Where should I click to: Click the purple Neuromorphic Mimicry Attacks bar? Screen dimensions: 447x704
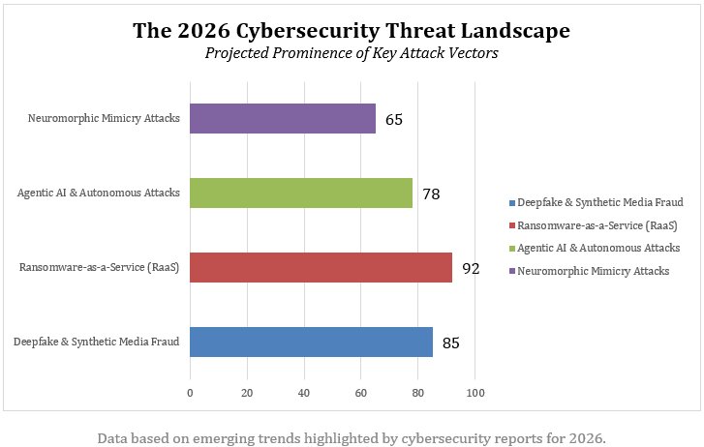pyautogui.click(x=282, y=119)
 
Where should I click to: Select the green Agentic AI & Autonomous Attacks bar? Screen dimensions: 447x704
pyautogui.click(x=300, y=193)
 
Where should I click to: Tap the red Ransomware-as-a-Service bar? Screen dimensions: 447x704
pyautogui.click(x=321, y=267)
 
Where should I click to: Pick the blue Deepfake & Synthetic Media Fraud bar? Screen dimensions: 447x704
pyautogui.click(x=311, y=342)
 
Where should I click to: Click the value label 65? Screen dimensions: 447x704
pyautogui.click(x=393, y=120)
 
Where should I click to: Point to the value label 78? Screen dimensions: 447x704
pyautogui.click(x=431, y=194)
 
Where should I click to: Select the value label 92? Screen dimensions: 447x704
pyautogui.click(x=471, y=268)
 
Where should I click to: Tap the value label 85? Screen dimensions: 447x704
pyautogui.click(x=450, y=343)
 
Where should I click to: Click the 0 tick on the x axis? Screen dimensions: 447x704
pyautogui.click(x=190, y=393)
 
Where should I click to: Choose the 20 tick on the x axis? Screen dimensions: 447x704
pyautogui.click(x=247, y=393)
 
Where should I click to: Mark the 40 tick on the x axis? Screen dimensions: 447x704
pyautogui.click(x=304, y=393)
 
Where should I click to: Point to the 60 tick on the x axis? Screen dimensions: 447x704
pyautogui.click(x=361, y=393)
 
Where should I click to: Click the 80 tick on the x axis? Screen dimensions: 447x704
pyautogui.click(x=418, y=393)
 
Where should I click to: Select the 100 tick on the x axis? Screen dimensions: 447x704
pyautogui.click(x=475, y=393)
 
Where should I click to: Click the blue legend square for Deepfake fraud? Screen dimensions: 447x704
pyautogui.click(x=511, y=202)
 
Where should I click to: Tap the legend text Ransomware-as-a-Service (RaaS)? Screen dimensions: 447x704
pyautogui.click(x=597, y=225)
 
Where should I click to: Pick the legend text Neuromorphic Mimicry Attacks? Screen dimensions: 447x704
pyautogui.click(x=594, y=271)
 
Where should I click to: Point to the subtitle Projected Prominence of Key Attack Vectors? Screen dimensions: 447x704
pyautogui.click(x=352, y=53)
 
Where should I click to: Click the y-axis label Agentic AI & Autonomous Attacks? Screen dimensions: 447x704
pyautogui.click(x=99, y=193)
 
